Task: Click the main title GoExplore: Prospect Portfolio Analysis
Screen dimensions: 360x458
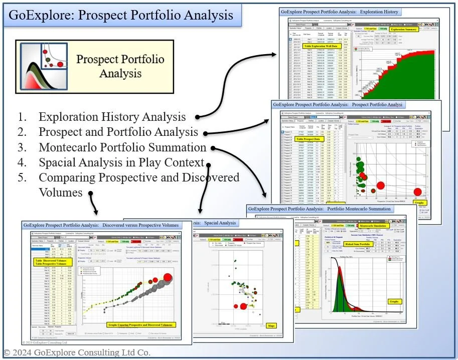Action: [x=120, y=15]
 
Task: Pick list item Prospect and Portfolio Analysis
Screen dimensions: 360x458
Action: [x=118, y=132]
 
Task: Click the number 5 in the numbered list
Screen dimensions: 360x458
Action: [x=22, y=177]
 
